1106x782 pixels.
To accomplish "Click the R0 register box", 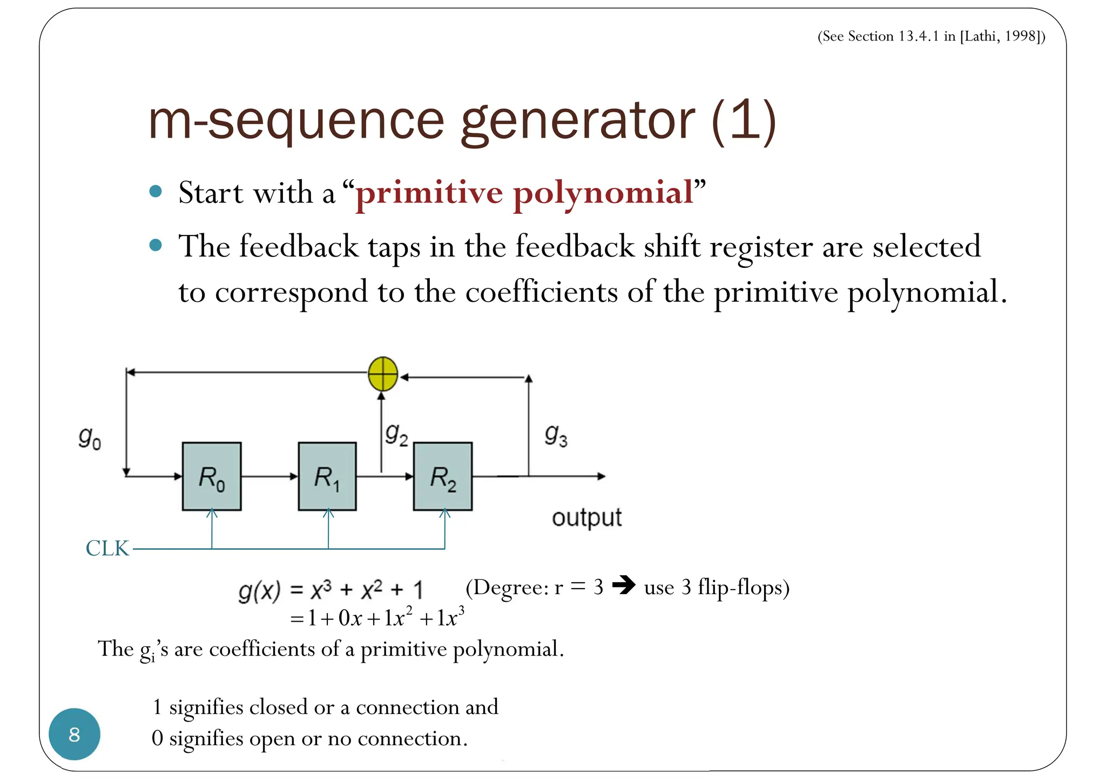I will [212, 476].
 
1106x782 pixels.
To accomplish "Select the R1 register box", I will [327, 476].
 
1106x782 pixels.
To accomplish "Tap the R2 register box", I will [443, 476].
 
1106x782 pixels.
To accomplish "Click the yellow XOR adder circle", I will [383, 374].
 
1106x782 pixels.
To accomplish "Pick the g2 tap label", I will [396, 434].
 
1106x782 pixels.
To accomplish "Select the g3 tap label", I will [556, 435].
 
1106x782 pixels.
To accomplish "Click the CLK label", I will [107, 549].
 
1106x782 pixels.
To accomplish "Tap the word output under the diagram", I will [586, 518].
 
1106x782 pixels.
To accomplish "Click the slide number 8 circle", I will [75, 734].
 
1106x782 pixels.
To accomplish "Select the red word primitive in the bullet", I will [429, 193].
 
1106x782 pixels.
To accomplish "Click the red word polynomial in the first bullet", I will [603, 193].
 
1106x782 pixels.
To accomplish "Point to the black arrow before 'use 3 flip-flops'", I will [624, 585].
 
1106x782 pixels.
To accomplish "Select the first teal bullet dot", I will [156, 191].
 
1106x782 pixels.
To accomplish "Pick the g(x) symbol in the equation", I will [259, 591].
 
